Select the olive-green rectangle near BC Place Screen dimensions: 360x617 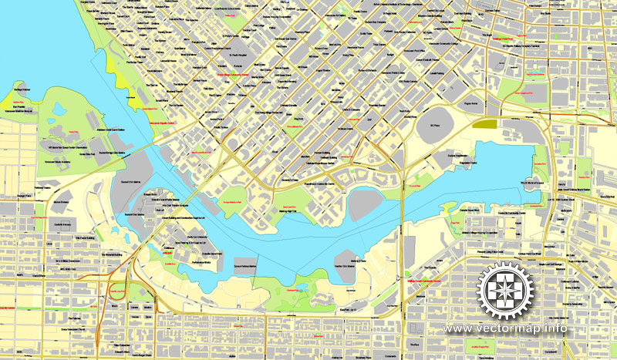pyautogui.click(x=485, y=123)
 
